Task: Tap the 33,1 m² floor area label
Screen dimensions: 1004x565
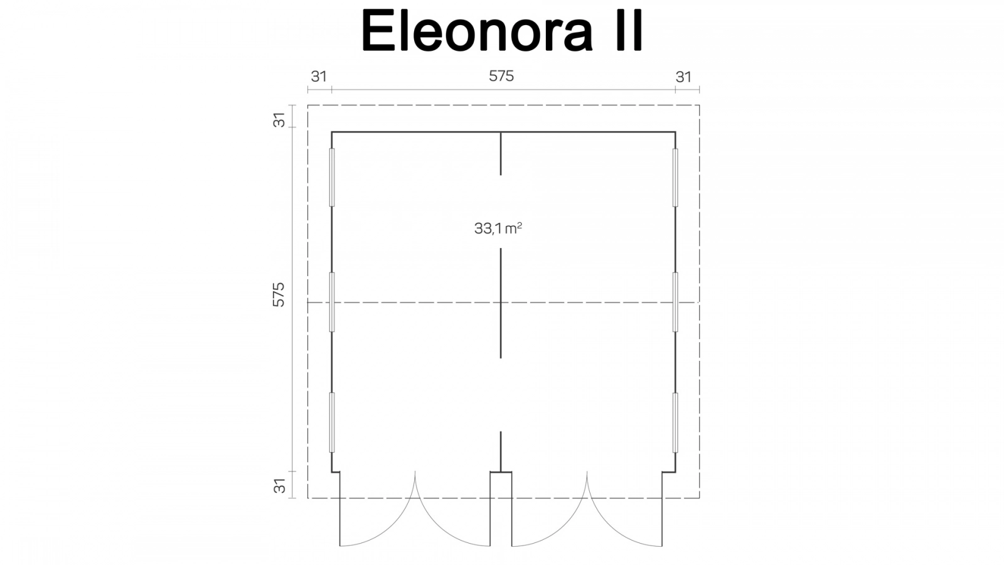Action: [498, 229]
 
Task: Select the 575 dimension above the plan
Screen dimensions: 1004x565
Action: [501, 76]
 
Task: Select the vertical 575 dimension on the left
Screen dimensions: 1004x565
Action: [279, 294]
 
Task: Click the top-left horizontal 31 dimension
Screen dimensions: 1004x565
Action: [319, 77]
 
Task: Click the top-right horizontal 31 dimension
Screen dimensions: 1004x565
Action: [683, 77]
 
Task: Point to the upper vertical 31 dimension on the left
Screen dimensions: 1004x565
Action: [279, 120]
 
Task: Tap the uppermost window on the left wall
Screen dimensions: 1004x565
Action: [332, 178]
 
